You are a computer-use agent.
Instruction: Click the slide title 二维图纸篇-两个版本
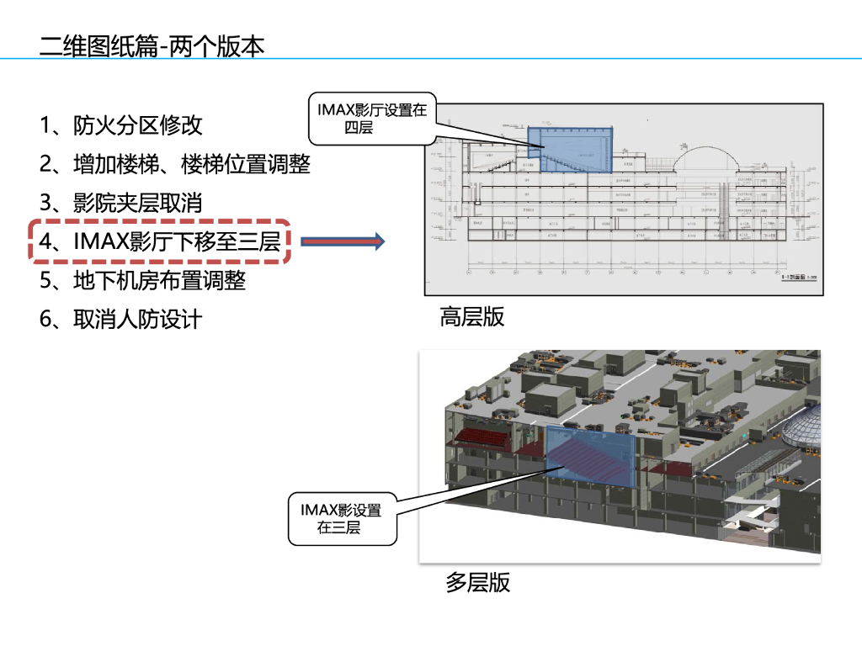click(x=152, y=45)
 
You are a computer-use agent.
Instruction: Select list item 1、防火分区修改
click(x=121, y=126)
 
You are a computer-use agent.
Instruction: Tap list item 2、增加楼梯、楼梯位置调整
click(x=175, y=164)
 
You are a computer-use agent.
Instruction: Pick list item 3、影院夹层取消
click(x=121, y=203)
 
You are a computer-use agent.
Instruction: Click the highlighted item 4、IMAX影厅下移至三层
click(x=160, y=241)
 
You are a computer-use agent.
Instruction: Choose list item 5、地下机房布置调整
click(x=143, y=280)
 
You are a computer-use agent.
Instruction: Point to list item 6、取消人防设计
click(x=121, y=320)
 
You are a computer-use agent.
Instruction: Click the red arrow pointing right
click(x=342, y=242)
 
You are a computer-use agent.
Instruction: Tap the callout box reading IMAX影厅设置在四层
click(x=371, y=119)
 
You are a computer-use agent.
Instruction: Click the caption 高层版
click(x=472, y=317)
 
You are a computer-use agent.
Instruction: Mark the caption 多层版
click(x=478, y=582)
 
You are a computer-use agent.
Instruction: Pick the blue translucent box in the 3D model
click(x=590, y=457)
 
